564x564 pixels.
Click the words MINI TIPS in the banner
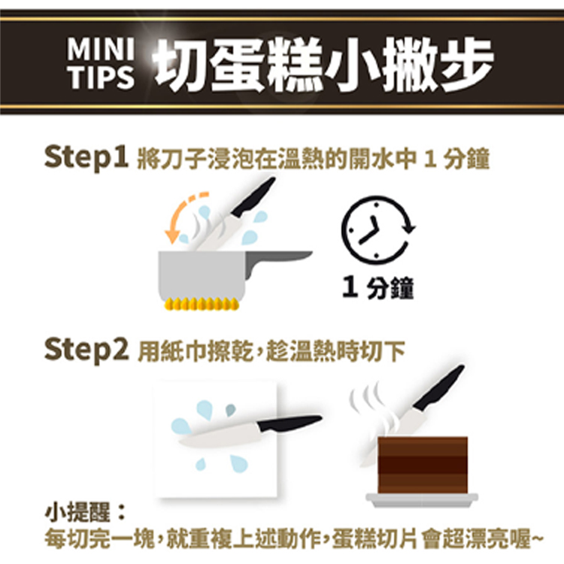101,63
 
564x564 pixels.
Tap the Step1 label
86,157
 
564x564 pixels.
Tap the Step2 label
86,350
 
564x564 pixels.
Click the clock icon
378,230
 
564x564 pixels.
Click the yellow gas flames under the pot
202,304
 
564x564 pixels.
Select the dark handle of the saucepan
277,261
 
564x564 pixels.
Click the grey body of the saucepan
202,276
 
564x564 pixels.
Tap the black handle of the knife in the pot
253,197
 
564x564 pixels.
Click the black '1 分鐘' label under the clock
378,288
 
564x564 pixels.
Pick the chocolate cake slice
423,465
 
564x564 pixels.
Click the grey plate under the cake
422,500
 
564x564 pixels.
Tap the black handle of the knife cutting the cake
439,388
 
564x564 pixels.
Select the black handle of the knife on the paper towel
289,423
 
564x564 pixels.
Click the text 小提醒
77,512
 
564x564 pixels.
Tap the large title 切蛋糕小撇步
323,65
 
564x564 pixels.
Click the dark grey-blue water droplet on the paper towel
231,410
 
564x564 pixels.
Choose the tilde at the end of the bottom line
536,538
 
